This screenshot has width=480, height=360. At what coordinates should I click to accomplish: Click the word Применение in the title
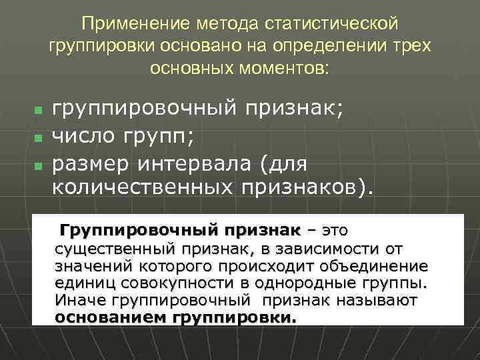click(125, 24)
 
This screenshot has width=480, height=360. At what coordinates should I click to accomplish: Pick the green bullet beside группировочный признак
click(38, 108)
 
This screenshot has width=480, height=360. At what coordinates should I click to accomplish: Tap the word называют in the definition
click(377, 301)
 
